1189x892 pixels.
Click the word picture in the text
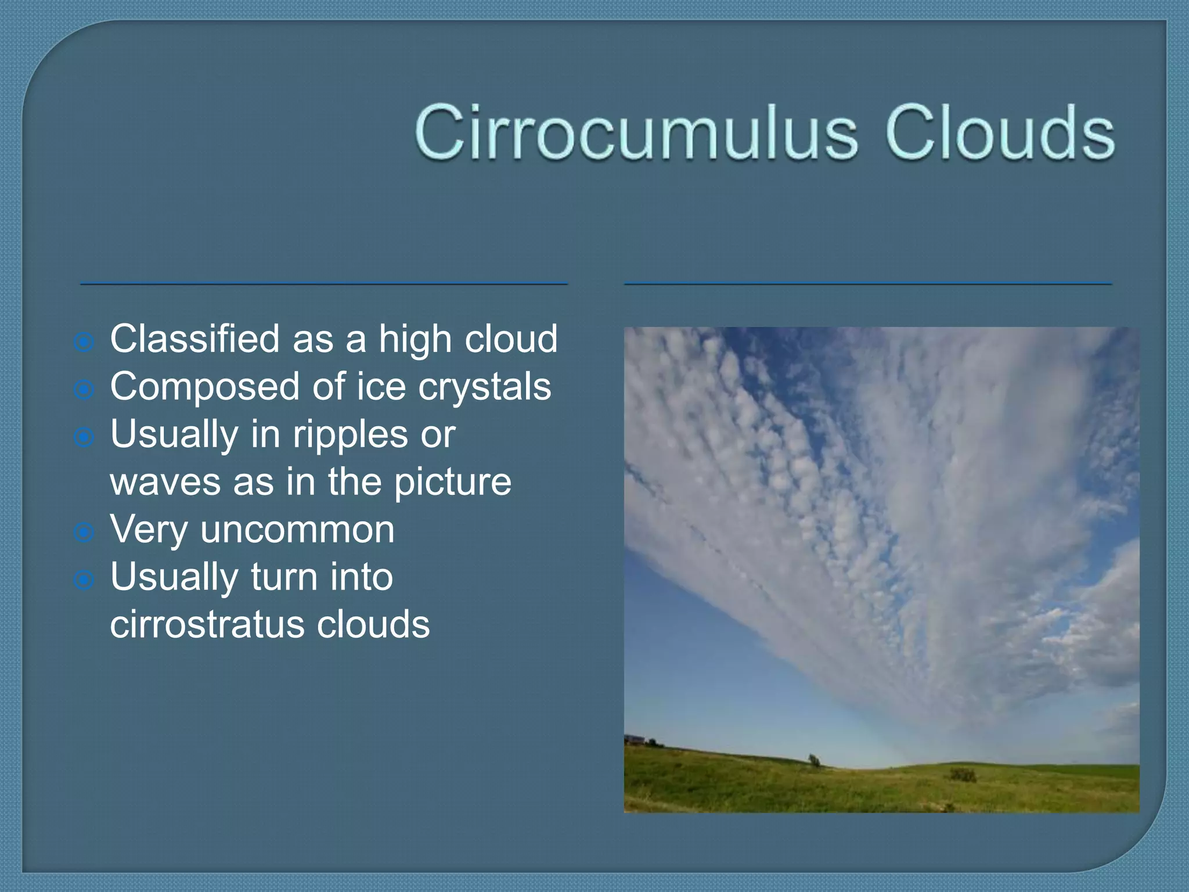click(x=452, y=482)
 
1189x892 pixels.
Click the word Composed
click(x=205, y=387)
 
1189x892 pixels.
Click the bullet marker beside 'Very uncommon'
click(x=84, y=532)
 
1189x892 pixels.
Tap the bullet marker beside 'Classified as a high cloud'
click(x=84, y=342)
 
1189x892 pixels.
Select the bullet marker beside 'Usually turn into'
click(x=84, y=580)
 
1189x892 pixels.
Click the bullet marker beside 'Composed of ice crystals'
click(x=84, y=390)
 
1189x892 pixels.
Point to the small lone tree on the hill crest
click(x=815, y=760)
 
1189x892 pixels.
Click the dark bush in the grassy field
click(x=963, y=775)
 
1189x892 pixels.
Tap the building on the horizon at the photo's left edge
click(x=636, y=740)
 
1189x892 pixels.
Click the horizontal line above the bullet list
click(x=323, y=284)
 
